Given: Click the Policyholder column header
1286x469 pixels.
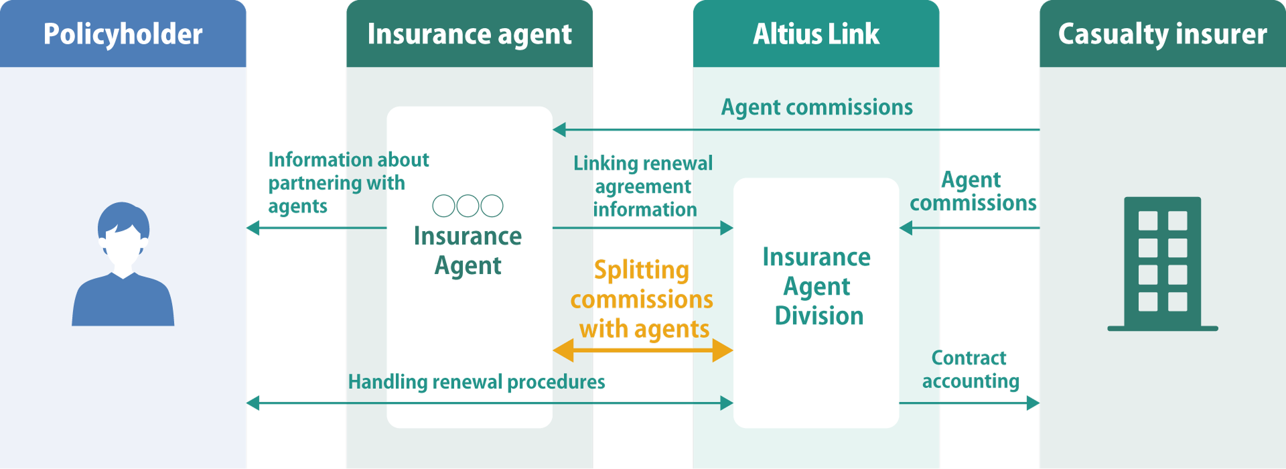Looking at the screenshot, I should pos(123,33).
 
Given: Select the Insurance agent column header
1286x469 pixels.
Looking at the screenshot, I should pos(469,33).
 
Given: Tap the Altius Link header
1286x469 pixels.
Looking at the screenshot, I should pos(816,33).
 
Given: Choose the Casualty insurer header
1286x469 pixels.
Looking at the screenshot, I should pos(1162,33).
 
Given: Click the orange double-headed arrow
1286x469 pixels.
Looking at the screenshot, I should pos(642,350).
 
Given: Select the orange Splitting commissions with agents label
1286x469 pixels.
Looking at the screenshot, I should pos(642,299).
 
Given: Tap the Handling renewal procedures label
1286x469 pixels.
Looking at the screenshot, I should pos(476,382).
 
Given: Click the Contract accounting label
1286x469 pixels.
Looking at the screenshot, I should pos(971,369).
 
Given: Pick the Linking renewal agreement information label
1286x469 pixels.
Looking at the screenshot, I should pos(644,186).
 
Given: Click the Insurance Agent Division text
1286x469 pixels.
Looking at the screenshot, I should pos(817,286).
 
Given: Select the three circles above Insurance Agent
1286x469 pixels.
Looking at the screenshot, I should pos(468,206).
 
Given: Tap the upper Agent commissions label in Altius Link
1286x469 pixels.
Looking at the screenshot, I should pos(816,107).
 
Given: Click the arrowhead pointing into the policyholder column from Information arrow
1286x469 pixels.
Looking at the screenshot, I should pos(253,228).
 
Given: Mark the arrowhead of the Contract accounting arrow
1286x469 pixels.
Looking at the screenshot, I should pos(1033,403).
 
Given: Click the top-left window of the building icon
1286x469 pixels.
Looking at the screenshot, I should pos(1148,220).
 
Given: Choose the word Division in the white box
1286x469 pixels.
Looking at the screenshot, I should pos(818,316).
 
